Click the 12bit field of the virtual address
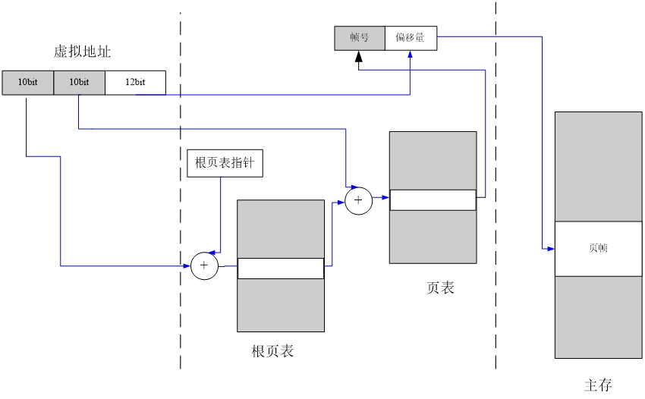point(135,82)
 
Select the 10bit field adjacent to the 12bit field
point(79,82)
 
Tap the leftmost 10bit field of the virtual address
point(28,82)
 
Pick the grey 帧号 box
point(360,38)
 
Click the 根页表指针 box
point(225,164)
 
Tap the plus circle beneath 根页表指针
point(204,266)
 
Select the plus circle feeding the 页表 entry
point(358,200)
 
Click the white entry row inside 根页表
point(281,269)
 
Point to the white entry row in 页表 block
point(433,199)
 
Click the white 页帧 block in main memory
point(598,248)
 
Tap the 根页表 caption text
point(272,351)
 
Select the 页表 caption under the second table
point(440,287)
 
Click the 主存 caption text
point(598,385)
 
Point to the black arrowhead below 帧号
point(359,56)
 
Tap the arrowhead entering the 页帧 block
point(550,248)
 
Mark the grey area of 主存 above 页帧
point(598,167)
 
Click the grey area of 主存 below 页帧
point(598,316)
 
